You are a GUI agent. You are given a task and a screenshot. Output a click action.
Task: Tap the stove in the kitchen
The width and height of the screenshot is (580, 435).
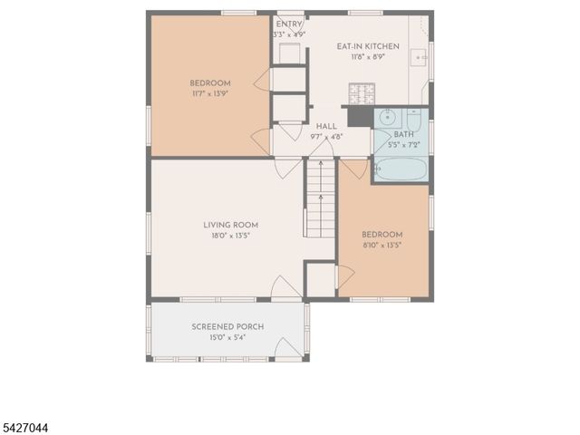(x=360, y=93)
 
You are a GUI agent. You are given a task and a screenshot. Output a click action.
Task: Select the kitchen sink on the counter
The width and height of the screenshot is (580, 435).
(x=420, y=57)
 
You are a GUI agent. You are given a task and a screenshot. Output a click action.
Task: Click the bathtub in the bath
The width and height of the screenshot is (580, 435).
(x=400, y=169)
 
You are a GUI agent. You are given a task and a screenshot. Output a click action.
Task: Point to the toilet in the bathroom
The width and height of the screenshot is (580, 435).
(x=413, y=119)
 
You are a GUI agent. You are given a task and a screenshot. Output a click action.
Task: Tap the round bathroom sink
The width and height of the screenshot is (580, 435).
(x=387, y=117)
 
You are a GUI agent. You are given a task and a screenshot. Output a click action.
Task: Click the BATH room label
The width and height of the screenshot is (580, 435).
(x=403, y=134)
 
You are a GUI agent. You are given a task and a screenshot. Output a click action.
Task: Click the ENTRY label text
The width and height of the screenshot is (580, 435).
(x=289, y=24)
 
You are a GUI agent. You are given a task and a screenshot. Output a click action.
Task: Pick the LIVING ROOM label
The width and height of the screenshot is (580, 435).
(x=230, y=225)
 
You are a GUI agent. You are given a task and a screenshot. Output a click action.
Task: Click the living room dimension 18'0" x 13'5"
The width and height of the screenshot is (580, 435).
(x=230, y=235)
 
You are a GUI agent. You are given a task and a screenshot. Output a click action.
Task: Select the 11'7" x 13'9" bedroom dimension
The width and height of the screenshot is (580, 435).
(x=210, y=93)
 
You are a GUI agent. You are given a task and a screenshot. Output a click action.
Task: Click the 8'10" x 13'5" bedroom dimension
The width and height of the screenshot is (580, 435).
(x=382, y=245)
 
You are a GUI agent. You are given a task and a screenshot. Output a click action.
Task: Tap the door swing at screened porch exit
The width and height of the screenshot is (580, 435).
(x=291, y=347)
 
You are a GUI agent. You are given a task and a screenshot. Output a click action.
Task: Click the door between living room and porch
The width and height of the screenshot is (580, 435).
(x=284, y=288)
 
